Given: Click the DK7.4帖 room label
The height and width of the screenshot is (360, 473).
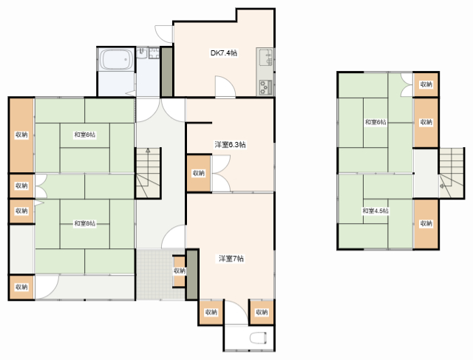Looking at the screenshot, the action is pyautogui.click(x=223, y=52).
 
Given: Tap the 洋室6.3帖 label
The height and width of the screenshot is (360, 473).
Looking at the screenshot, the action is pyautogui.click(x=230, y=145).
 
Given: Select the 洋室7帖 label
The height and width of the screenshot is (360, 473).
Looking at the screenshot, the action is pyautogui.click(x=231, y=258).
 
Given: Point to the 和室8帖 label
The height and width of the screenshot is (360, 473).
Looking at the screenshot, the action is pyautogui.click(x=85, y=223).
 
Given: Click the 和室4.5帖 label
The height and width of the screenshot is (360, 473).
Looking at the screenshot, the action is pyautogui.click(x=375, y=211).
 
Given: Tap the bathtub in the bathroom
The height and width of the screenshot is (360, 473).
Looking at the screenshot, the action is pyautogui.click(x=117, y=59).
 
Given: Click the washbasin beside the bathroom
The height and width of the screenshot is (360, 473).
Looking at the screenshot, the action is pyautogui.click(x=141, y=53).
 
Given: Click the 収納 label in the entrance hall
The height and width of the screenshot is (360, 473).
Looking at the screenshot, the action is pyautogui.click(x=179, y=271).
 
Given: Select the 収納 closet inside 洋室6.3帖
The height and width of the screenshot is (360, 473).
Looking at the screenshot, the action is pyautogui.click(x=199, y=173).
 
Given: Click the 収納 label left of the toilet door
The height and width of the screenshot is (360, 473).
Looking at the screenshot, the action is pyautogui.click(x=211, y=312).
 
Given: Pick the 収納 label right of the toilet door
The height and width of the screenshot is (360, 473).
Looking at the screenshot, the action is pyautogui.click(x=262, y=312).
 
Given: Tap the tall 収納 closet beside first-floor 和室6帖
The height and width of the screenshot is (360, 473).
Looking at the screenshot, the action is pyautogui.click(x=21, y=135).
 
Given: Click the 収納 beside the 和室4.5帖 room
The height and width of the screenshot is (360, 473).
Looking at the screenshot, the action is pyautogui.click(x=426, y=223).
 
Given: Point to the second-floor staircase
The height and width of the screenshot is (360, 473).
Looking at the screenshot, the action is pyautogui.click(x=452, y=172).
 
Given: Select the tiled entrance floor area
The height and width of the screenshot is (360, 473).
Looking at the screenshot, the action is pyautogui.click(x=160, y=274).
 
